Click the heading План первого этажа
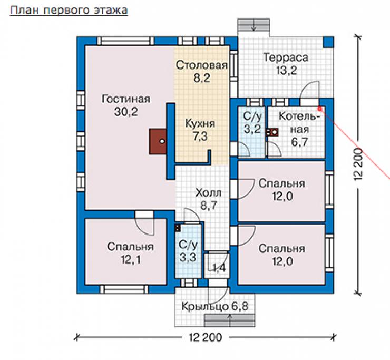point(69,11)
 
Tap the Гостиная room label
point(126,99)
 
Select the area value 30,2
point(126,112)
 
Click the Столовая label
point(201,65)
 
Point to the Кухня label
point(200,124)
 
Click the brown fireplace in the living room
point(158,141)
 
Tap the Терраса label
point(286,58)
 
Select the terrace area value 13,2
point(287,71)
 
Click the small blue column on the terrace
point(328,42)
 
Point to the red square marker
point(320,109)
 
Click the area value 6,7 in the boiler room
point(299,142)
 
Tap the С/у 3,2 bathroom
point(252,132)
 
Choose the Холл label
point(208,193)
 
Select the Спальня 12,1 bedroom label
point(131,254)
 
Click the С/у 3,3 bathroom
point(188,251)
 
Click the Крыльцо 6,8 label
point(214,307)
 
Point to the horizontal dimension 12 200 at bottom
point(205,338)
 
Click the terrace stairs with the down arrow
point(253,25)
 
